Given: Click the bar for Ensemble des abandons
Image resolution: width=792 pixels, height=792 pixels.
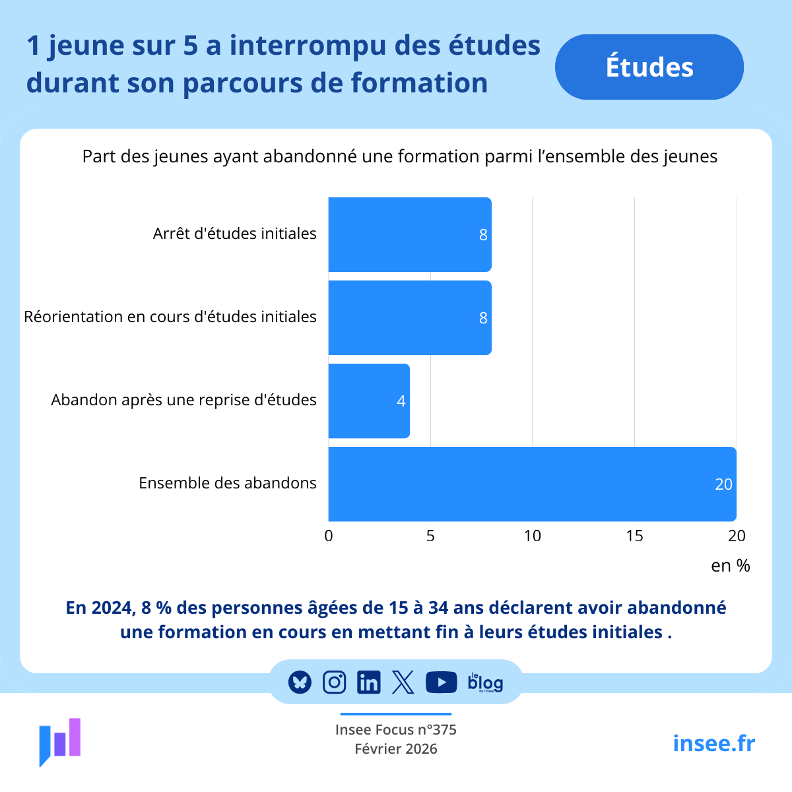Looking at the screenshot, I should (532, 484).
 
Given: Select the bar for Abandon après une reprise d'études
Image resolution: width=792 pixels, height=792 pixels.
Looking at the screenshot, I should (369, 401).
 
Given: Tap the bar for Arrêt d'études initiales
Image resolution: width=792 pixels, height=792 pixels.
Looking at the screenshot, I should (409, 234).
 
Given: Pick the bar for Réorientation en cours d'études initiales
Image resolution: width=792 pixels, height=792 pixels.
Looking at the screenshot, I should (409, 317).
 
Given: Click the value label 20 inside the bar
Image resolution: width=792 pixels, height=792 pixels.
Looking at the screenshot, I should (723, 484).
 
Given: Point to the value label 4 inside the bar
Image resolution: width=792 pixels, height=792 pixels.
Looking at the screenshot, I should (401, 401).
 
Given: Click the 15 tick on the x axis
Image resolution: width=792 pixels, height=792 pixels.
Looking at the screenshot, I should (634, 536).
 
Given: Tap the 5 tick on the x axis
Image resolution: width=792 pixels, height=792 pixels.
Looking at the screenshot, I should (430, 536).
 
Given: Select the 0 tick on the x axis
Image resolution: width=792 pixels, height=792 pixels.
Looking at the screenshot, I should (329, 536).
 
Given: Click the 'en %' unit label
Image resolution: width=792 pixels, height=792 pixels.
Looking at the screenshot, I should (730, 566).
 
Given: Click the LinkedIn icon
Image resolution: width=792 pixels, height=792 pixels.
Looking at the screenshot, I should (368, 682).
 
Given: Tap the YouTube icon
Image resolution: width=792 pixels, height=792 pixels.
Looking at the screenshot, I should (441, 682).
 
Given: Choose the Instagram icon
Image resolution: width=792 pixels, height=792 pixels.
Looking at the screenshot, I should (334, 682).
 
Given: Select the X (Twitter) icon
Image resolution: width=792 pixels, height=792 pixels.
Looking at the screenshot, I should (403, 682).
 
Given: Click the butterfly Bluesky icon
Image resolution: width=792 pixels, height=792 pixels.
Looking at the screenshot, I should (300, 682).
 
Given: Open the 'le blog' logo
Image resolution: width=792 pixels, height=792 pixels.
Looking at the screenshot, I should (485, 682).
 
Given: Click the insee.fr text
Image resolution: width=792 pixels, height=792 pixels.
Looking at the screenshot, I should (713, 743).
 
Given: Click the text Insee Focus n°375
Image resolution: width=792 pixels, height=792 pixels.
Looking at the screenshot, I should (395, 729).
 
